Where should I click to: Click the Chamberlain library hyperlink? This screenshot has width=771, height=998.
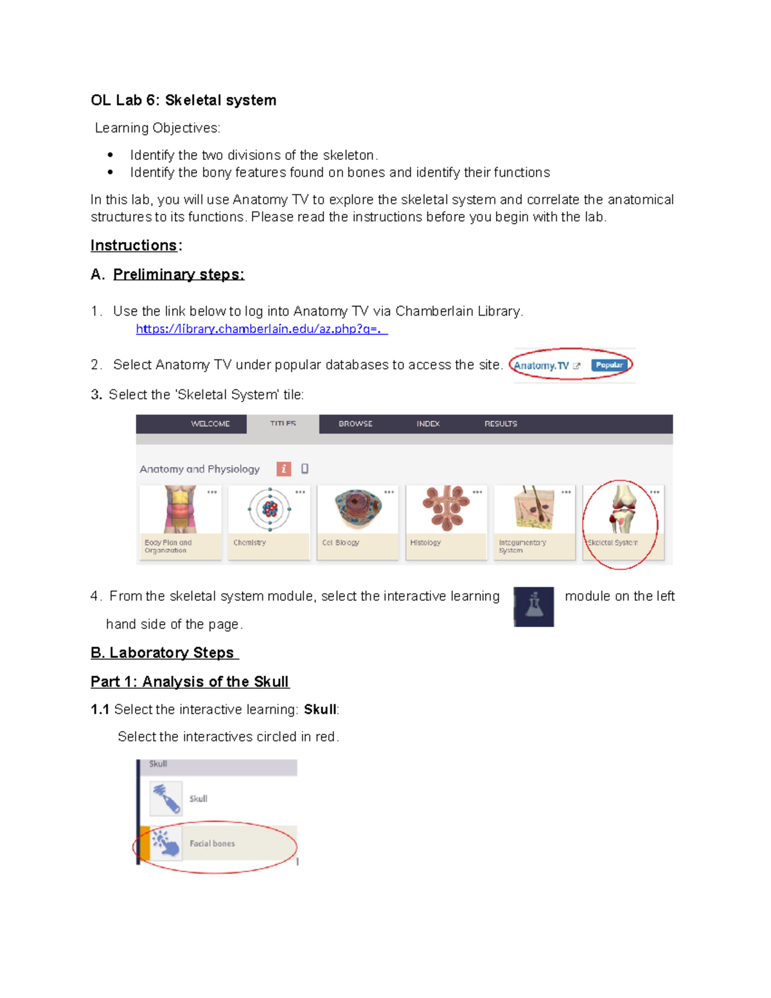(x=261, y=329)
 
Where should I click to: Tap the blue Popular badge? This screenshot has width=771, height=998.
(x=608, y=365)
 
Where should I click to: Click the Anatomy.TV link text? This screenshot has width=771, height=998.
(x=541, y=366)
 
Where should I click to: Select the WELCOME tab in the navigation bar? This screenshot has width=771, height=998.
(x=210, y=424)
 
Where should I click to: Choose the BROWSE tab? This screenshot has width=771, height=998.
(x=355, y=424)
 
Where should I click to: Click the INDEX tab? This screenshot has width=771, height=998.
(x=428, y=424)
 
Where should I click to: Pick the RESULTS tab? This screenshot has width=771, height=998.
(x=501, y=424)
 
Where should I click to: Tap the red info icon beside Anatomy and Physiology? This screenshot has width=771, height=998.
(x=283, y=469)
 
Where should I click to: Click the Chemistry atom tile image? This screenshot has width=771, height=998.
(x=270, y=510)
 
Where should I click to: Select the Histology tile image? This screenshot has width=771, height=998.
(x=447, y=508)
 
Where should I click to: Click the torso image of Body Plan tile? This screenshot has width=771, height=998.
(x=180, y=509)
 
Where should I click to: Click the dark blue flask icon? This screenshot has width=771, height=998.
(x=533, y=607)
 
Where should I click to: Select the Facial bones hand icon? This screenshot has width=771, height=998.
(x=165, y=842)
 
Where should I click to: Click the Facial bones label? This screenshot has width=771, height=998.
(x=212, y=844)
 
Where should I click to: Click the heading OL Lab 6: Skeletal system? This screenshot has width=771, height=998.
(x=183, y=100)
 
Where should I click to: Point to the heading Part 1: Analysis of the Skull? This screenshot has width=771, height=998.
(x=190, y=682)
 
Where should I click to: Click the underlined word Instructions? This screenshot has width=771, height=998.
(x=134, y=245)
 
